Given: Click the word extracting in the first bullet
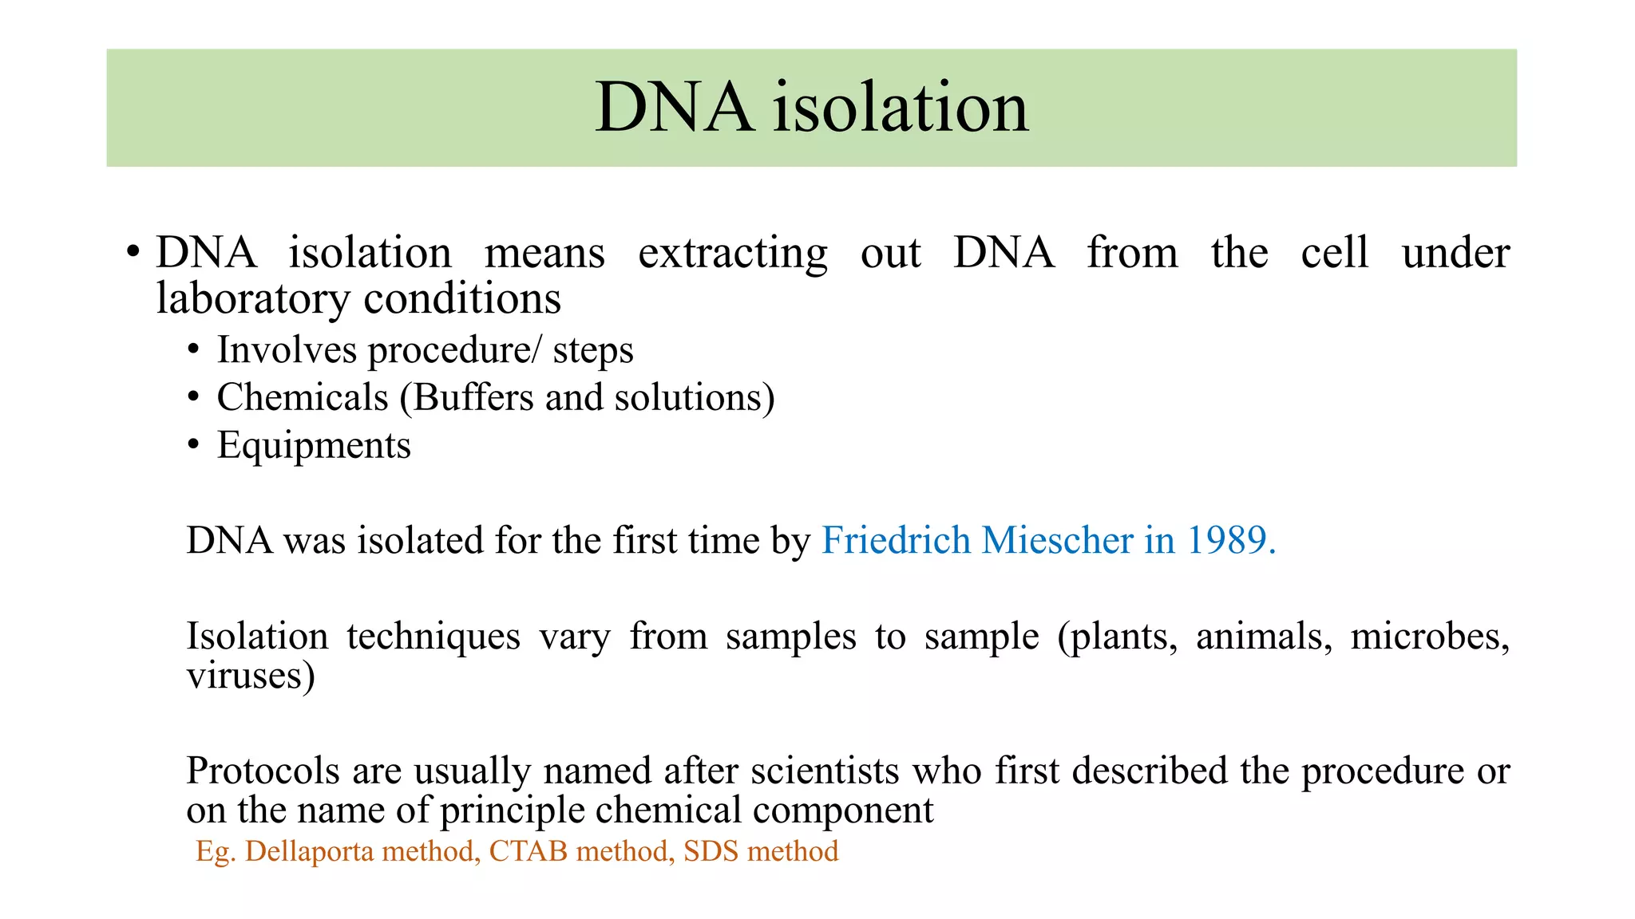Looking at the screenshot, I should click(x=732, y=254).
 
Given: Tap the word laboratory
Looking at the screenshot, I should click(x=252, y=299).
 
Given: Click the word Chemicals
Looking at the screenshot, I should click(x=302, y=397).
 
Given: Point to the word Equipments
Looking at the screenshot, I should click(x=314, y=445).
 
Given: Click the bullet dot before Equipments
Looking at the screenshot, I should click(x=193, y=445).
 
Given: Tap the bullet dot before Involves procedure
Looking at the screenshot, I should click(x=193, y=350).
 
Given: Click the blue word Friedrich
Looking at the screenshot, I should click(x=896, y=540).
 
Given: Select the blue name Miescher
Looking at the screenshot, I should click(x=1057, y=540).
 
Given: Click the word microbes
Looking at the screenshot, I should click(x=1429, y=637).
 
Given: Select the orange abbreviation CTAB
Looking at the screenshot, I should click(x=528, y=851).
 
